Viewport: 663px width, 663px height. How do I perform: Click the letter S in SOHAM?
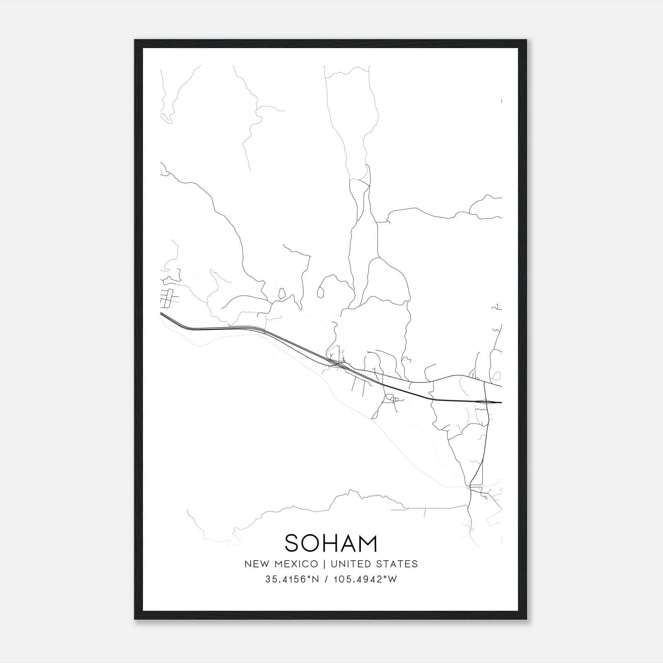pos(293,543)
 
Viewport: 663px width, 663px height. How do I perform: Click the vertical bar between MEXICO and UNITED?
pos(322,564)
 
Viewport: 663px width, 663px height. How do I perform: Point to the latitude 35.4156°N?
pos(292,579)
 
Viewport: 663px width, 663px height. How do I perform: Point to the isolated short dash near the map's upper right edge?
pos(501,101)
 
